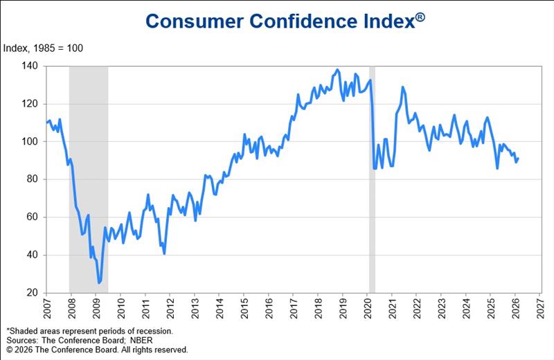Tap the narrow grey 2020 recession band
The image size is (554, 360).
372,208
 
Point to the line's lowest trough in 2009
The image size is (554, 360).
99,282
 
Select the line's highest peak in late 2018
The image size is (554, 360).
337,70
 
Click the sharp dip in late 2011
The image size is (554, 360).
164,253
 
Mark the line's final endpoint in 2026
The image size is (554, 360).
518,158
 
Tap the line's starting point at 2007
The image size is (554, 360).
46,123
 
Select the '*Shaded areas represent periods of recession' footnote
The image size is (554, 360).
89,332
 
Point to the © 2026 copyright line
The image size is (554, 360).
97,350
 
